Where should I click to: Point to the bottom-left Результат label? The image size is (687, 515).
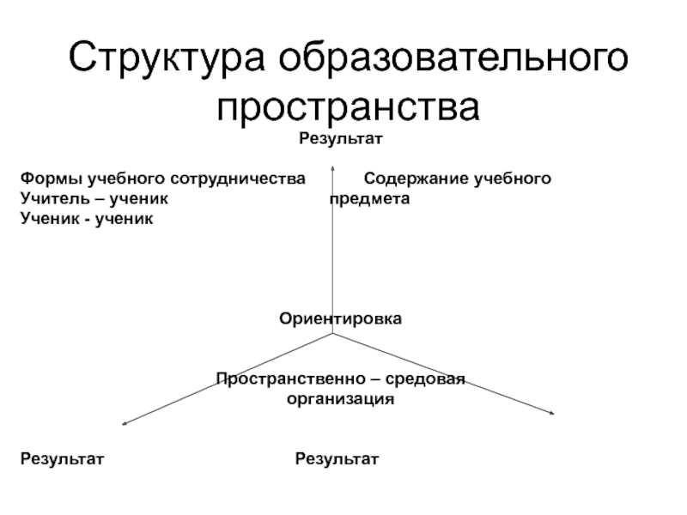[62, 459]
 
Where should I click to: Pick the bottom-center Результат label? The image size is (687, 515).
[337, 459]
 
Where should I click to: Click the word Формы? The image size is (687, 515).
[47, 179]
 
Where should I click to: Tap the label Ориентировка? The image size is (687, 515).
[340, 318]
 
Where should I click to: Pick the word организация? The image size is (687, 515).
[340, 399]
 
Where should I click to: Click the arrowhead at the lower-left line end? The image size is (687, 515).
[125, 422]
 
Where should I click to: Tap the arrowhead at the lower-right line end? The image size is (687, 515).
[553, 415]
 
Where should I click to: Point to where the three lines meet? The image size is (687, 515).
[332, 335]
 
